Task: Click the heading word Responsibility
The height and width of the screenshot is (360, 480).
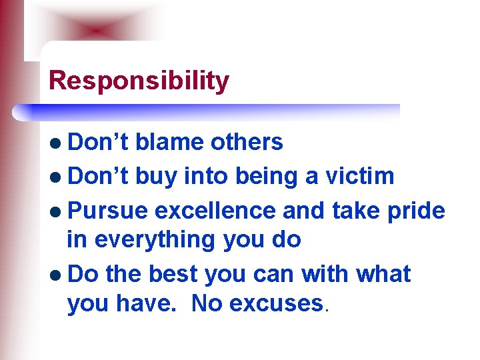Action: point(139,81)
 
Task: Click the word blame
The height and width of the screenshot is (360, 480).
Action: point(171,142)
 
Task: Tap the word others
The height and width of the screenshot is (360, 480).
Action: point(247,142)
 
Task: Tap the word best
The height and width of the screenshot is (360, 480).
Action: point(174,274)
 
